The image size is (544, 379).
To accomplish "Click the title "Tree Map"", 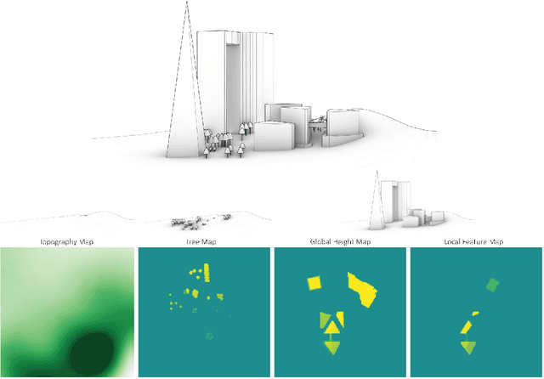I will point(203,242).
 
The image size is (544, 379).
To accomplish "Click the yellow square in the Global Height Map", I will point(314,283).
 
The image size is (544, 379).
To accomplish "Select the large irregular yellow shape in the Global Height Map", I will point(364,289).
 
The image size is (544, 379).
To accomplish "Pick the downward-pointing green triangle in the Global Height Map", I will point(332,347).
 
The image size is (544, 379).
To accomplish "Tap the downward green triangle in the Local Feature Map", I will point(468,347).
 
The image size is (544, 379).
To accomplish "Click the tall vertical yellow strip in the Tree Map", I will point(206,274).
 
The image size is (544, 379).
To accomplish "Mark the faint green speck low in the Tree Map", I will point(210,337).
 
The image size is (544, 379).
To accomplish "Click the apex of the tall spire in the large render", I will point(184,3).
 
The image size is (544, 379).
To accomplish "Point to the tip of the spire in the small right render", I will point(375,172).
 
